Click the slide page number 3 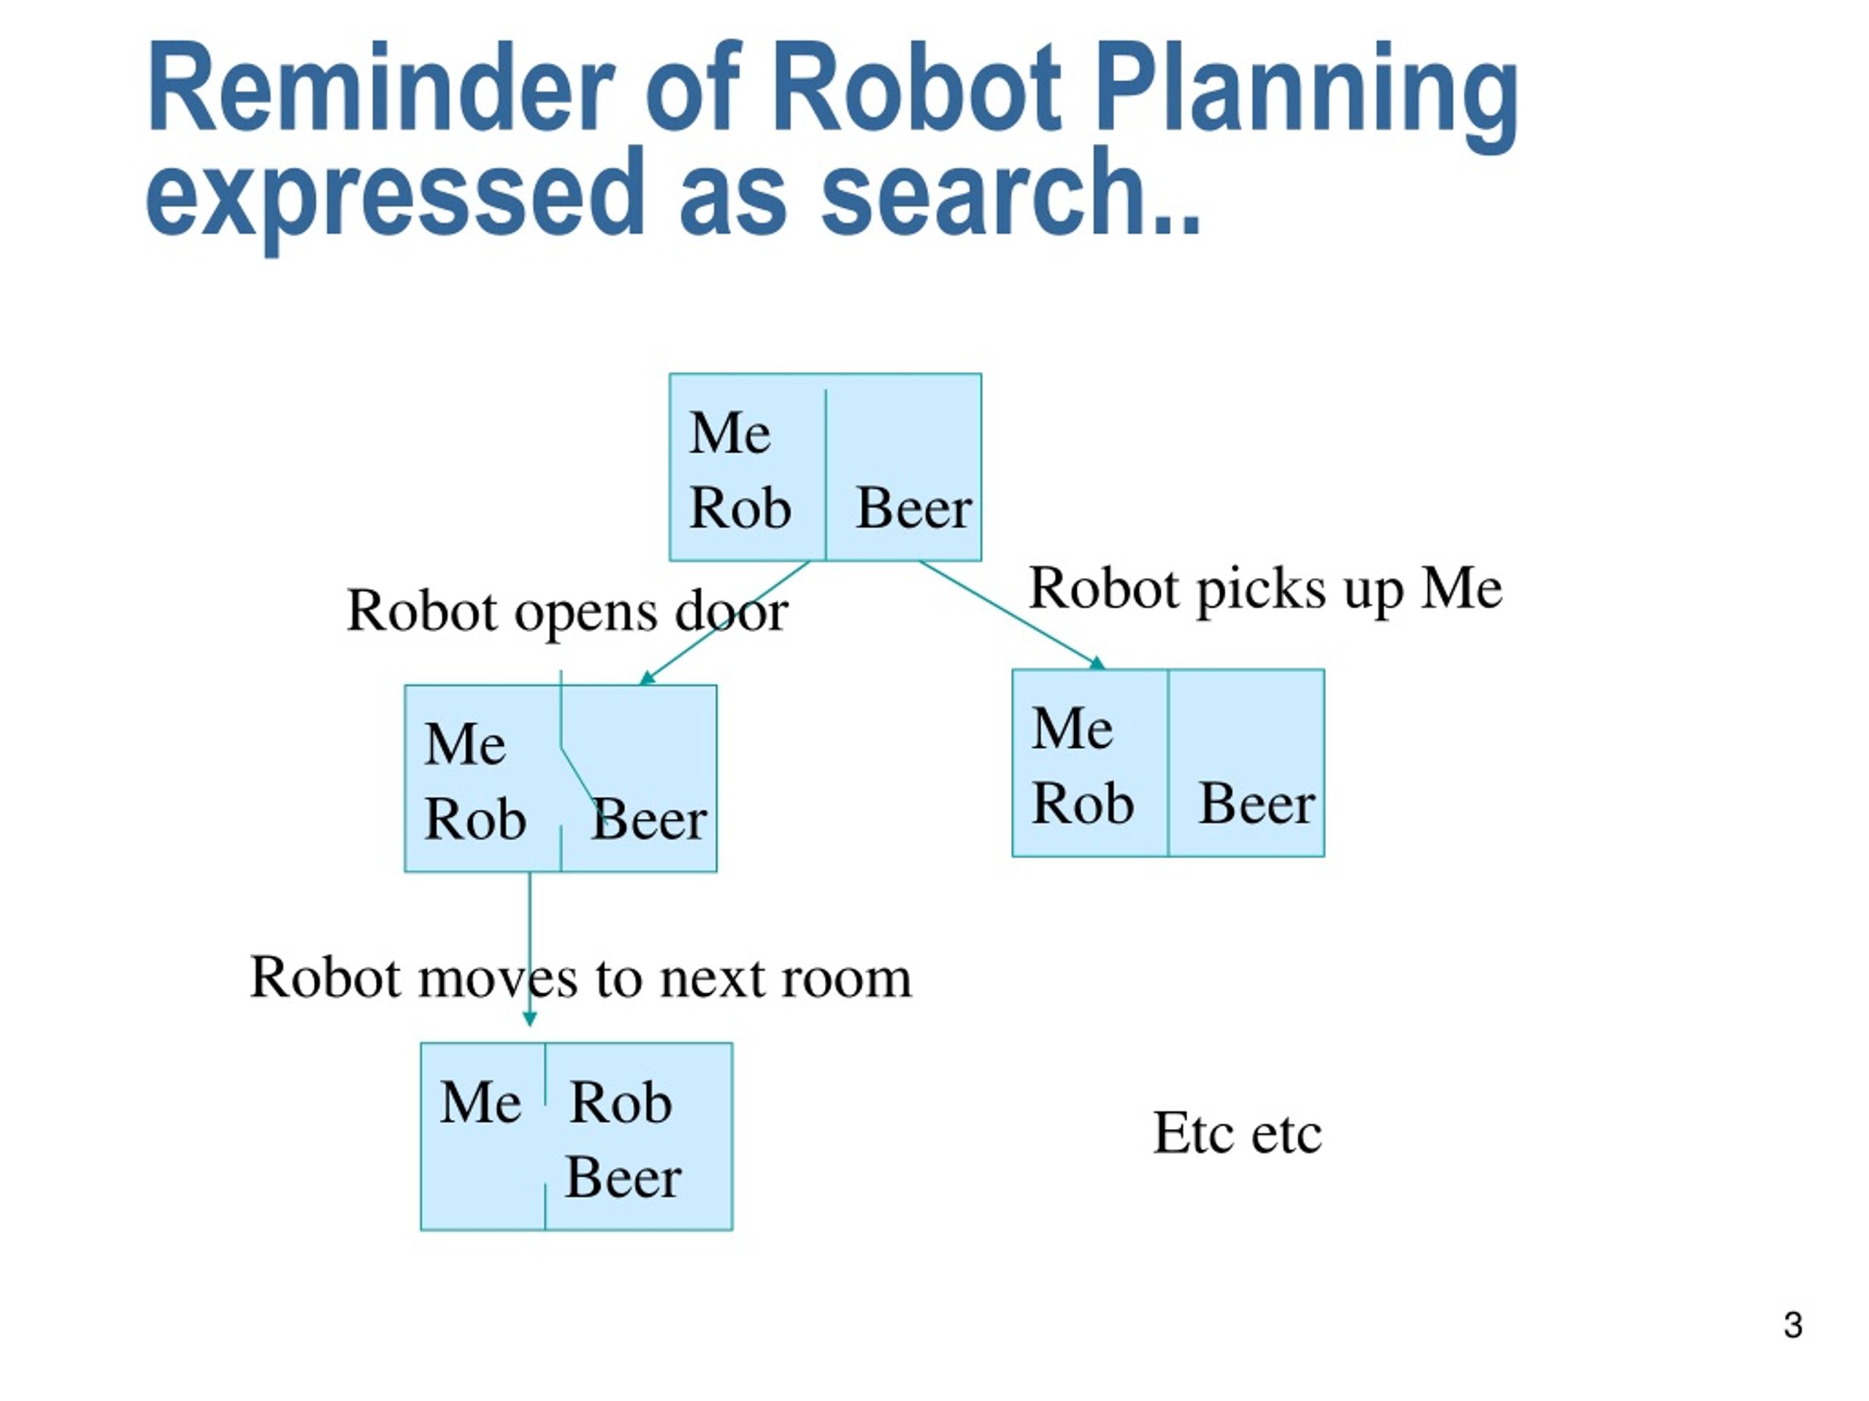point(1793,1325)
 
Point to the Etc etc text point(1237,1132)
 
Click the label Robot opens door point(567,611)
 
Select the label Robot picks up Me point(1265,589)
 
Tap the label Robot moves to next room point(580,978)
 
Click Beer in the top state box point(914,509)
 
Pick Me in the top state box point(730,433)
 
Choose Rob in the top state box point(740,509)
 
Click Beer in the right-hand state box point(1257,803)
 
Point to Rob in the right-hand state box point(1083,803)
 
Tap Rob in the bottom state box point(621,1102)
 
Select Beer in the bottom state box point(623,1177)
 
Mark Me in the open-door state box point(465,744)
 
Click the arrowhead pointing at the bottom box point(530,1019)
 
